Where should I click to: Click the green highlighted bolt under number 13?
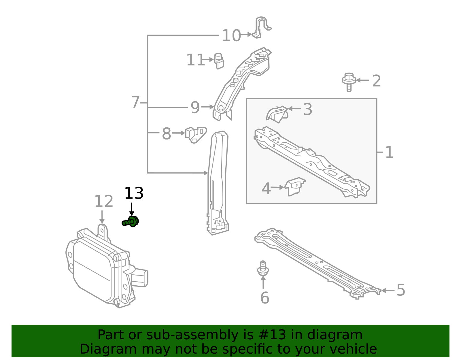click(x=131, y=222)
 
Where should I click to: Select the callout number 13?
click(x=134, y=193)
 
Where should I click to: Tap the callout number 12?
click(x=104, y=201)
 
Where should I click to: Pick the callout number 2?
click(x=376, y=81)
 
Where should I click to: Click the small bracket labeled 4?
click(x=295, y=186)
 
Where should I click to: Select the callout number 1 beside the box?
click(x=389, y=152)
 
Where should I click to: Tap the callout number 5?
click(x=400, y=290)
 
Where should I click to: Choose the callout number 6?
click(x=264, y=298)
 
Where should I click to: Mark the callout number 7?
click(x=135, y=102)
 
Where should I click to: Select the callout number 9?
click(x=195, y=108)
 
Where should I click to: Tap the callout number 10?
click(x=231, y=36)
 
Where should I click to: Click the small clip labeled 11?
click(x=219, y=61)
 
